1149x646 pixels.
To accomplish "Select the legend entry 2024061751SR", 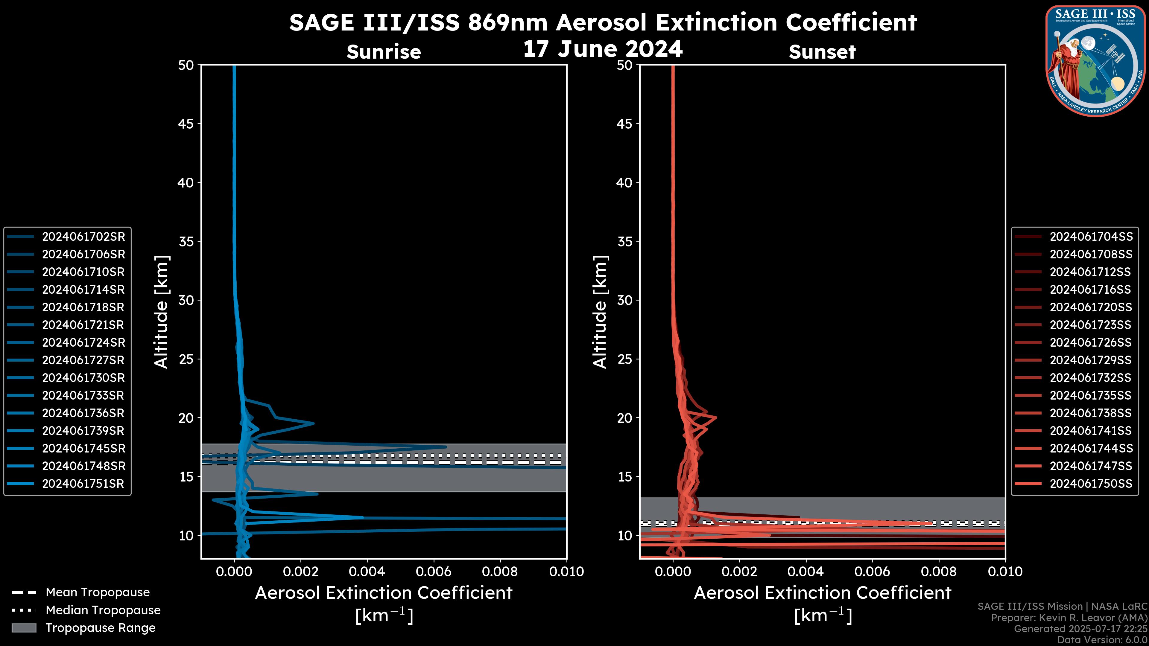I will click(83, 484).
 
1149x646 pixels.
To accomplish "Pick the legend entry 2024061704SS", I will click(1091, 237).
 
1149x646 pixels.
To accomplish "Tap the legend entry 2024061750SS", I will click(1091, 484).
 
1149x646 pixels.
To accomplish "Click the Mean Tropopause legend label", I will click(98, 592).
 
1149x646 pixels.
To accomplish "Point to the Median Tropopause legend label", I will click(103, 610).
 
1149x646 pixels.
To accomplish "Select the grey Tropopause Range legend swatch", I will click(24, 628).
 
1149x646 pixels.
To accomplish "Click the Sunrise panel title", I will click(384, 52).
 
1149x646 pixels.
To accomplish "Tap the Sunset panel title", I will click(822, 52).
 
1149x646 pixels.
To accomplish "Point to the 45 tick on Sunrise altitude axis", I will click(186, 124).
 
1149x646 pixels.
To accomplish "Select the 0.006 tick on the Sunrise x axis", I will click(433, 572).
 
